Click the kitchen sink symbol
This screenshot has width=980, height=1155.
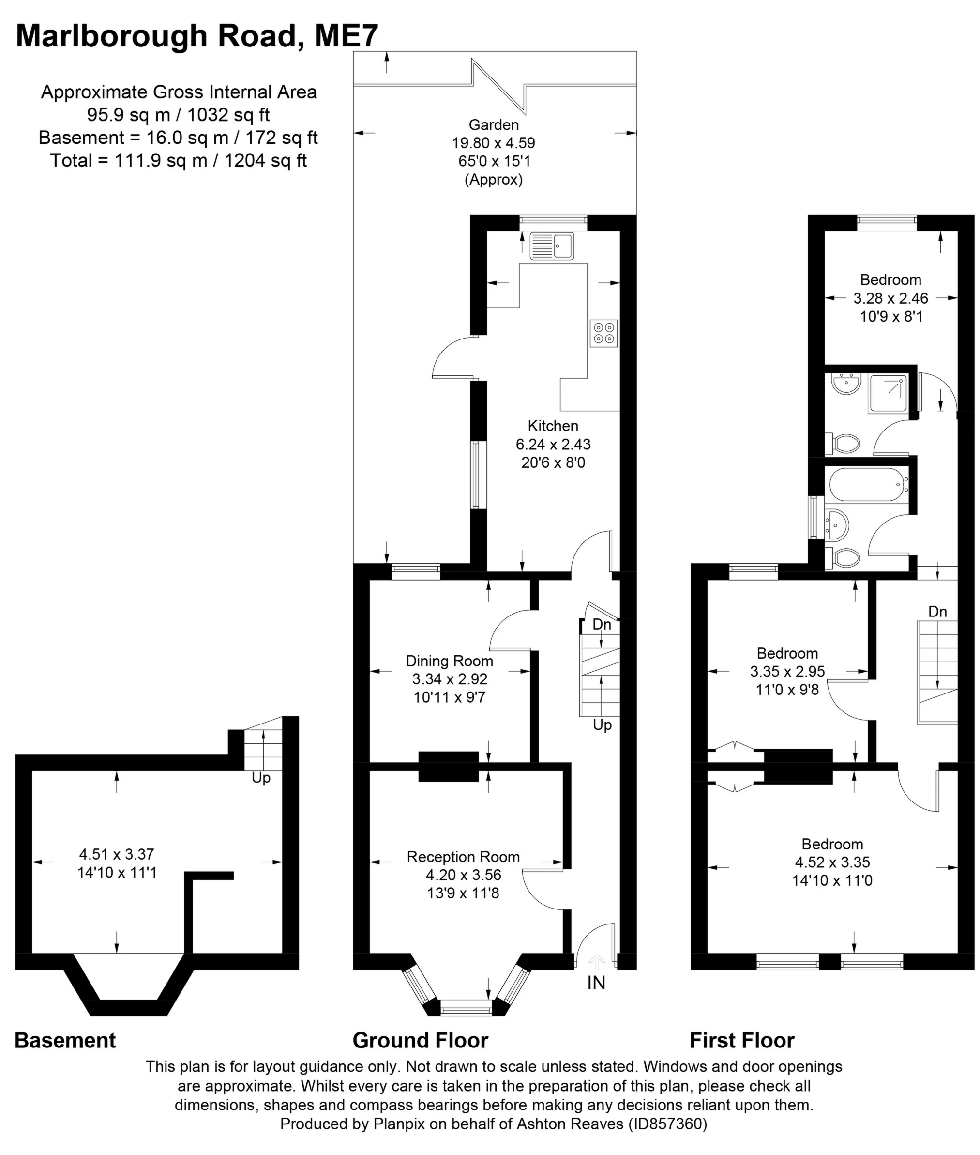(552, 246)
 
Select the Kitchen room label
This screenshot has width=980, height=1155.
(553, 426)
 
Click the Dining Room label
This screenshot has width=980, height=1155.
(450, 661)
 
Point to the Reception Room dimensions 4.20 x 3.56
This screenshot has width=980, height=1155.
(463, 875)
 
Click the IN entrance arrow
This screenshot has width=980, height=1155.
(597, 962)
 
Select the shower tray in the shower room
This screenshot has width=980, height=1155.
(889, 394)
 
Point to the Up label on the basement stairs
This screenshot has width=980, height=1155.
(261, 778)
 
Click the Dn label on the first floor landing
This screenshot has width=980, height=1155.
(937, 612)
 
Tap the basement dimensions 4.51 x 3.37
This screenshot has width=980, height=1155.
(117, 854)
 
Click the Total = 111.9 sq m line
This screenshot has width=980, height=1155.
(178, 161)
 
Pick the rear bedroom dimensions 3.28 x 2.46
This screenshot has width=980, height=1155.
(890, 298)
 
